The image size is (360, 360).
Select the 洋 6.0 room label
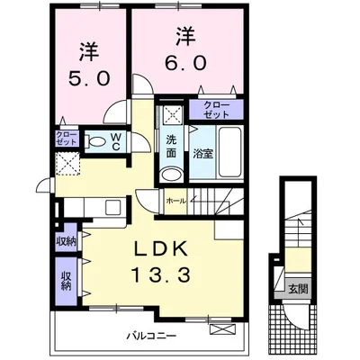(x=185, y=50)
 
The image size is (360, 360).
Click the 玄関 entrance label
(x=298, y=289)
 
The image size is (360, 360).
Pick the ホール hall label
(x=175, y=201)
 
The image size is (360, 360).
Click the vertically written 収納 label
(x=67, y=280)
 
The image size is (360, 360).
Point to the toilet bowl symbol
(x=96, y=142)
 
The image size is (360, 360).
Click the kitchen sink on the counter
(x=114, y=206)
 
